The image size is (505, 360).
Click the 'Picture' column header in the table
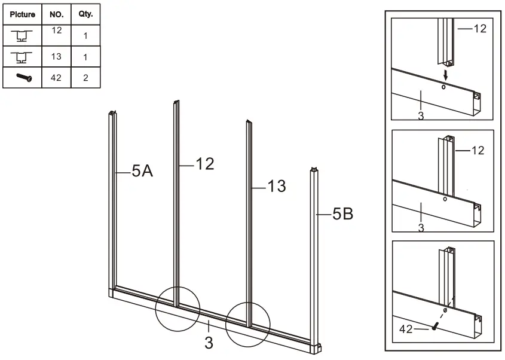23,14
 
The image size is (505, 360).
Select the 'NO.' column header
56,14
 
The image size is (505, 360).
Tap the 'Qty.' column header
85,14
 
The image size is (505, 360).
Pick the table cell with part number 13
56,57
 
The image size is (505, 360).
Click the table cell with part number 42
56,78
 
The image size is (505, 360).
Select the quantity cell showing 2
85,78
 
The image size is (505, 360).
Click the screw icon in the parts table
23,77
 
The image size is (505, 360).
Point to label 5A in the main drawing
142,172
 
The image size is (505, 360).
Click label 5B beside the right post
342,213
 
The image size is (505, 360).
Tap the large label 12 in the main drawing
204,164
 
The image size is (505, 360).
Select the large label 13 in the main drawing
276,187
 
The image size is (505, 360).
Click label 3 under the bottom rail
208,343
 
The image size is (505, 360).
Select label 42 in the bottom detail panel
407,328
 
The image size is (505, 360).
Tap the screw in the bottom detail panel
435,326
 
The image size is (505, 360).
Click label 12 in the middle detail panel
478,151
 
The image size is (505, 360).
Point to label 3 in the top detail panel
421,115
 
